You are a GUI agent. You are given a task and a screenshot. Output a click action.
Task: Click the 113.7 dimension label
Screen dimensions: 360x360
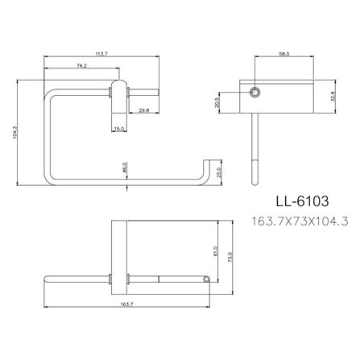point(101,55)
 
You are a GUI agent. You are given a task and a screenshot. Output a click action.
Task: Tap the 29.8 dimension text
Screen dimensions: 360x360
point(143,111)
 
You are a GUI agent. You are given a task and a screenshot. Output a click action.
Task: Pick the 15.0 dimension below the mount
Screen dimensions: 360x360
point(119,128)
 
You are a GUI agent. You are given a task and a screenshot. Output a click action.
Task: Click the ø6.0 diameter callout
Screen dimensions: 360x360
point(126,168)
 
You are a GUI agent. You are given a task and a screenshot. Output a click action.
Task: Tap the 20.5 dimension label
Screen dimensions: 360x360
point(240,102)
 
